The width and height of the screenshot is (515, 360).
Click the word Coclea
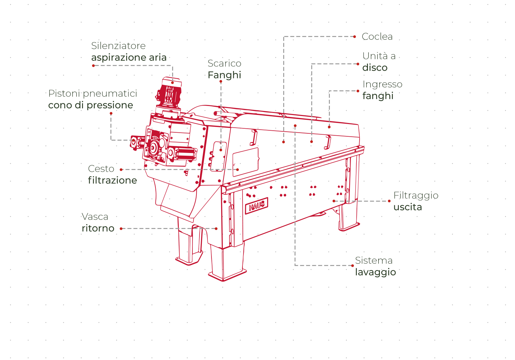377,37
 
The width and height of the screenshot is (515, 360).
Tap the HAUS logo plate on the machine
256,206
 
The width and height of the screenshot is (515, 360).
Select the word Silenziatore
118,46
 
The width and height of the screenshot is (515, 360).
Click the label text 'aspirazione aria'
129,57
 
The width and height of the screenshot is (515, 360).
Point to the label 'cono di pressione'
90,105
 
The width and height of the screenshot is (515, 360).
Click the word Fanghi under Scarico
224,75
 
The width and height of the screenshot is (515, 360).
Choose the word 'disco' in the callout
375,68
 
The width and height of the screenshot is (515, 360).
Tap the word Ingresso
382,84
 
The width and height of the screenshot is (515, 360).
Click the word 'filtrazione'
112,180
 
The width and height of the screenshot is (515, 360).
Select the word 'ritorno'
98,228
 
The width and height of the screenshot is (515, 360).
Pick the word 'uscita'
408,207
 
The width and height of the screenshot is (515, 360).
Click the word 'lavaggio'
375,272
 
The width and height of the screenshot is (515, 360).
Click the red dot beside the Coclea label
355,37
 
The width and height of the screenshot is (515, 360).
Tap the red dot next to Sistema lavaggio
353,266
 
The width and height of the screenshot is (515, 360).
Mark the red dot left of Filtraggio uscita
389,201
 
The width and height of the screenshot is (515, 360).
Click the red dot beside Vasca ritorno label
121,229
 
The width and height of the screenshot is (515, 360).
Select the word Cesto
101,169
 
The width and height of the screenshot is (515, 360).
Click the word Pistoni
64,93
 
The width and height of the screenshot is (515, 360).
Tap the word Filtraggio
416,195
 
